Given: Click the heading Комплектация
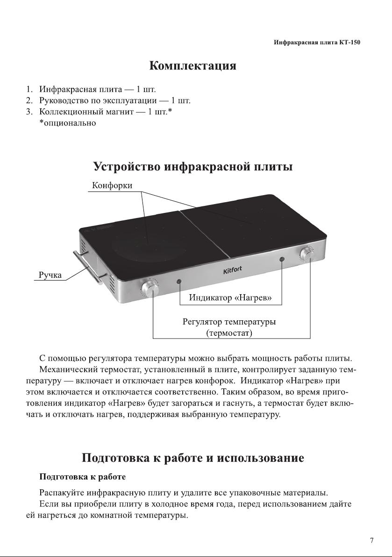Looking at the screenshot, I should coord(192,66).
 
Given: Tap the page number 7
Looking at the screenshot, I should coord(371,541).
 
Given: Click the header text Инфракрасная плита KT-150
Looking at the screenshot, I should coord(317,42).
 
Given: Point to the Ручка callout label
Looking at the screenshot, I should coord(49,275).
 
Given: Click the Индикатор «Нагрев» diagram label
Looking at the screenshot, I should coord(230,298).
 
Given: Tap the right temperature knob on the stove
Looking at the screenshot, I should coord(308,254).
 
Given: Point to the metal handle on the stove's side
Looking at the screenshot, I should coord(87,267).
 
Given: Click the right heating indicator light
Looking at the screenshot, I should coord(282,259).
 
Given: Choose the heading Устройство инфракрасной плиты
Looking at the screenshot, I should coord(193,167).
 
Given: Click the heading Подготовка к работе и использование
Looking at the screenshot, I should coord(193,458).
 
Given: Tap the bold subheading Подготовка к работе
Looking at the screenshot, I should coord(83,478).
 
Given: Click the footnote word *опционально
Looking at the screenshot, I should coord(67,123).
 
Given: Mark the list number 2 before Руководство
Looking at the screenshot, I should coord(29,100).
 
